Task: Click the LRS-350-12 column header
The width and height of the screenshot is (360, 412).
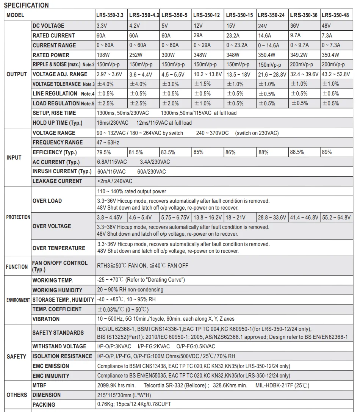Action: click(x=207, y=16)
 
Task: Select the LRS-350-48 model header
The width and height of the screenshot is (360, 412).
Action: click(x=335, y=16)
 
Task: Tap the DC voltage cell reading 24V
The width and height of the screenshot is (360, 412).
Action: click(x=263, y=26)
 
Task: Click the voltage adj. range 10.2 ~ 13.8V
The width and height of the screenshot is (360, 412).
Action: click(x=207, y=74)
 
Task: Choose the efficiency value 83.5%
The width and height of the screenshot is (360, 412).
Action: click(x=168, y=152)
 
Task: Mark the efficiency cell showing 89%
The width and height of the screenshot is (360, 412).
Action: click(x=327, y=152)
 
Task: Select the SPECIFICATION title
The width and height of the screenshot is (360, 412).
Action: click(x=26, y=5)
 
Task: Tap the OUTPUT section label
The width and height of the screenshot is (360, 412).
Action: click(x=17, y=74)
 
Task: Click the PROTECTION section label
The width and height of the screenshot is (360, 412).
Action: click(x=18, y=217)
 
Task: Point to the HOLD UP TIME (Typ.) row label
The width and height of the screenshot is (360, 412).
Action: click(x=57, y=123)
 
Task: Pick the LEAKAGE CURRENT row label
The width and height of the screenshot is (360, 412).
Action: click(x=57, y=181)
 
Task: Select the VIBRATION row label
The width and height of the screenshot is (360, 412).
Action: click(x=46, y=319)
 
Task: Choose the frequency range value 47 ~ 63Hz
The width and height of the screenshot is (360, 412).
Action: click(x=108, y=143)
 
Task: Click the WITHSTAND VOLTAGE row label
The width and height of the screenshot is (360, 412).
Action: click(x=59, y=346)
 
